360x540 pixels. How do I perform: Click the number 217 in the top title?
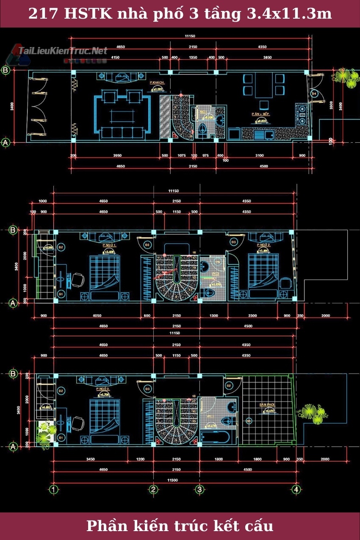[x=44, y=14]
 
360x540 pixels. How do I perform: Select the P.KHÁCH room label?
[x=157, y=82]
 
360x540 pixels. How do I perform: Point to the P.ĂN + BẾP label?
[x=260, y=114]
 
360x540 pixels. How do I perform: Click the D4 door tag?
[x=314, y=93]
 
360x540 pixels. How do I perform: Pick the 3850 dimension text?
[x=267, y=57]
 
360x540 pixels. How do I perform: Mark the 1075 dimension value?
[x=182, y=155]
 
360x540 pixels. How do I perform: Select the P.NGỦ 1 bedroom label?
[x=109, y=245]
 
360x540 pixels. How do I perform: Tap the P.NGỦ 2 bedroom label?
[x=263, y=245]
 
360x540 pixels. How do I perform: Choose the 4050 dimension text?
[x=97, y=316]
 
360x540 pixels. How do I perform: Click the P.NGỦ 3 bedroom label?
[x=102, y=388]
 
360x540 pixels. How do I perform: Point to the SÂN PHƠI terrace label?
[x=267, y=405]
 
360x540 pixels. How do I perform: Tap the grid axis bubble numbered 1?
[x=53, y=490]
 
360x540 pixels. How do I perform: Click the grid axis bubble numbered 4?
[x=296, y=490]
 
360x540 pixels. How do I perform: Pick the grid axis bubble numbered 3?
[x=199, y=490]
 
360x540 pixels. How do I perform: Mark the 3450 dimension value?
[x=90, y=459]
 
